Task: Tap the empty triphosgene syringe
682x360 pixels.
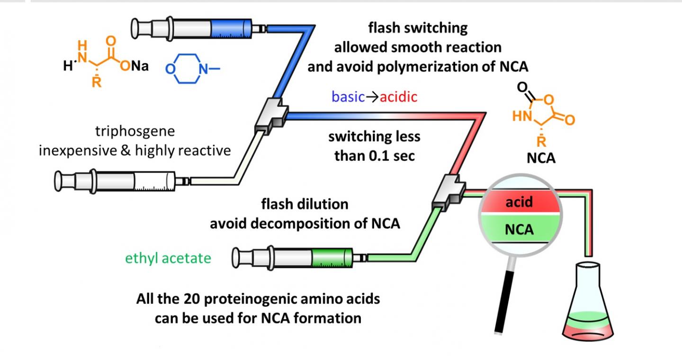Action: point(123,180)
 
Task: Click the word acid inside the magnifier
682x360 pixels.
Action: point(519,202)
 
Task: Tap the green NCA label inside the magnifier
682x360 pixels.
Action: point(519,230)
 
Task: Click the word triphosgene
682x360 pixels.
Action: point(135,131)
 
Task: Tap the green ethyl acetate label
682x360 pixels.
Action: point(168,258)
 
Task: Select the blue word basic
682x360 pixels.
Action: point(348,97)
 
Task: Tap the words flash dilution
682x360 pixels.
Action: point(305,204)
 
